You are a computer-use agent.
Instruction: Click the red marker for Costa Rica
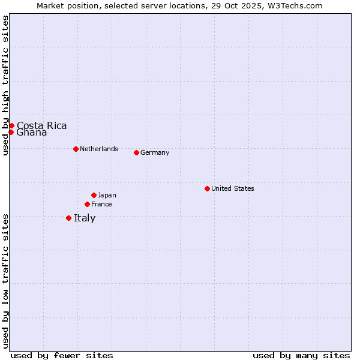11,125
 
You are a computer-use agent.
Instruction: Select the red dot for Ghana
11,132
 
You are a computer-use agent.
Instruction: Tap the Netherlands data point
76,149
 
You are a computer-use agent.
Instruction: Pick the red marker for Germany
136,152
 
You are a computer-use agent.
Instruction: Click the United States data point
207,188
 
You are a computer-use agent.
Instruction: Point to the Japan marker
94,195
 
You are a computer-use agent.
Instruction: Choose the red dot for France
87,204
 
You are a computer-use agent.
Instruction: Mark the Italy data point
68,218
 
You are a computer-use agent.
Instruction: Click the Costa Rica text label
41,125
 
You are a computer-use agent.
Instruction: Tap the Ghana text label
32,133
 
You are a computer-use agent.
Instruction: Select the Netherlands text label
99,149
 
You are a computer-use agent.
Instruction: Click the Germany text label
155,152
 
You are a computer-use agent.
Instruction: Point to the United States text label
233,188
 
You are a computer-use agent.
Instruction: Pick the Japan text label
107,195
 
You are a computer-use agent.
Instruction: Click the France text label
101,204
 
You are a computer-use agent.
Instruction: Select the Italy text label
85,218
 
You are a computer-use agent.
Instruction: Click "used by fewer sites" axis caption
62,355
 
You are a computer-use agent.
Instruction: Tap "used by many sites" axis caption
301,355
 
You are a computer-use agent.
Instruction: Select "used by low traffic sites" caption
5,281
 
